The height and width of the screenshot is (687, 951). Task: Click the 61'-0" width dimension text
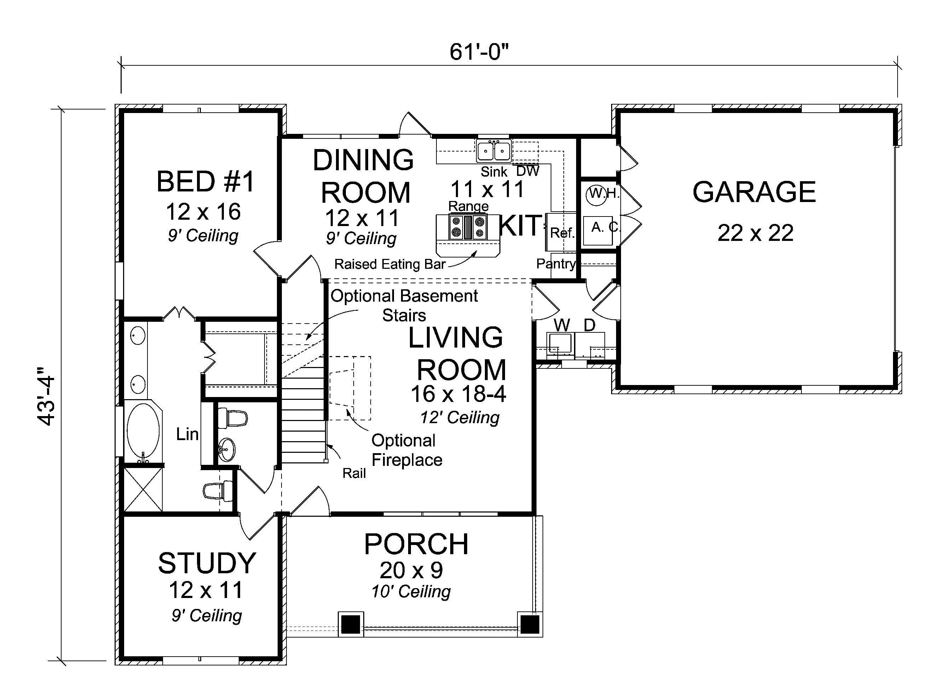(x=479, y=52)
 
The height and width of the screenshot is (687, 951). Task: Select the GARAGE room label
(x=754, y=192)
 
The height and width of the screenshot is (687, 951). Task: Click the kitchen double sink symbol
(x=493, y=151)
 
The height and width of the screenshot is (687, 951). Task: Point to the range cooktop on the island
(x=468, y=227)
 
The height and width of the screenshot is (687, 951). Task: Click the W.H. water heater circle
(x=596, y=194)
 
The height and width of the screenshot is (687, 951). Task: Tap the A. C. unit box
(x=598, y=230)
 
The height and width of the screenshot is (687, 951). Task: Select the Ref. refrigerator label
(x=562, y=233)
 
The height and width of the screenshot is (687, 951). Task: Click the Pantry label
(x=556, y=263)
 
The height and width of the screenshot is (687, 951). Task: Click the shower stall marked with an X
(x=143, y=489)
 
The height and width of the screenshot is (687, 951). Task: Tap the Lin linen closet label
(x=187, y=434)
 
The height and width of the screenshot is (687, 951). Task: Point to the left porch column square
(x=350, y=624)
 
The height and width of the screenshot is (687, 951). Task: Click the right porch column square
(x=529, y=624)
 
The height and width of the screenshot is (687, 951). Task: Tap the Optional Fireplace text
(x=406, y=450)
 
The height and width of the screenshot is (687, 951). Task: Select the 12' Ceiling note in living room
(x=459, y=417)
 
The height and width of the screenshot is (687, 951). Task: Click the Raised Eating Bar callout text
(x=389, y=264)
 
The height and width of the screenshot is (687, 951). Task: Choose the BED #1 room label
(x=205, y=182)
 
